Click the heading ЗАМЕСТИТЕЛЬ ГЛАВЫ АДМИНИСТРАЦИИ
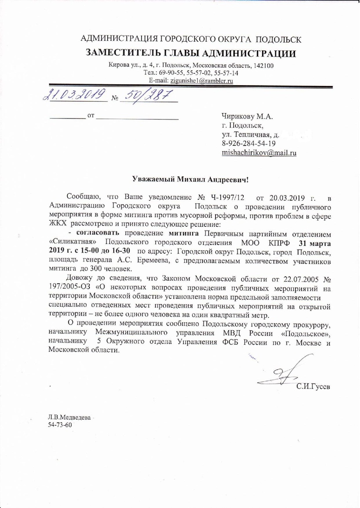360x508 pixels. [x=191, y=54]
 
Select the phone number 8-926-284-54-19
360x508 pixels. [x=249, y=144]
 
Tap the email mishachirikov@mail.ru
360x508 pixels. [x=259, y=153]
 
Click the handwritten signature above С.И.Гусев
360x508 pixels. [x=282, y=374]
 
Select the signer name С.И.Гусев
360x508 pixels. [x=313, y=388]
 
